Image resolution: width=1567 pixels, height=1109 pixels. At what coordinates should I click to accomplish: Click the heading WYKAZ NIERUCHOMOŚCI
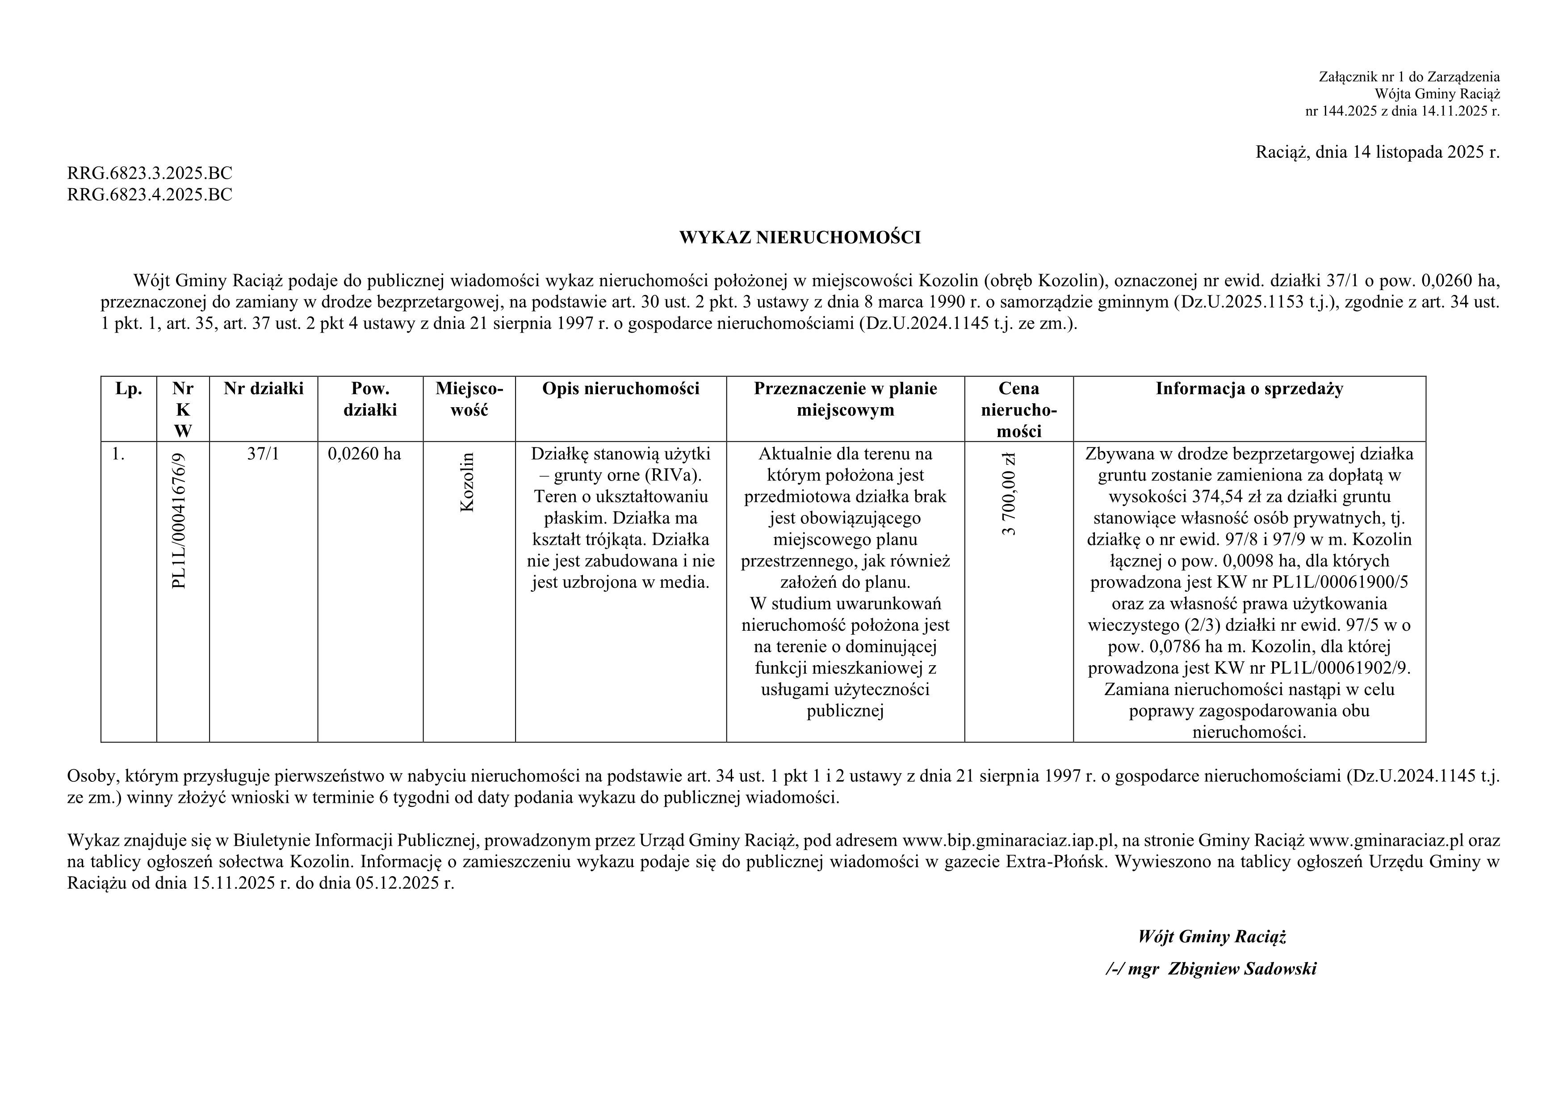coord(799,238)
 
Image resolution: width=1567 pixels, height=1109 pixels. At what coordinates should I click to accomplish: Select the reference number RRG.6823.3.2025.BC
coord(150,173)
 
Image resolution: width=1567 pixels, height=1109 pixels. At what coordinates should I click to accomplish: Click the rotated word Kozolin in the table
coord(468,482)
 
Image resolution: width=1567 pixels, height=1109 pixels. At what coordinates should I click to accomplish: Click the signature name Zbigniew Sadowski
coord(1242,969)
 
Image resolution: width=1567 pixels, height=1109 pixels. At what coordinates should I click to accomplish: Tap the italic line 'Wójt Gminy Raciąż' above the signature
coord(1211,936)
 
